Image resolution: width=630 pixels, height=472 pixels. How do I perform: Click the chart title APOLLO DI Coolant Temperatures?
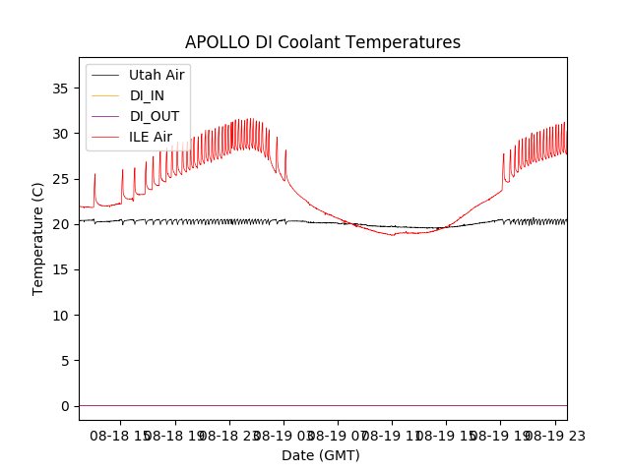click(323, 43)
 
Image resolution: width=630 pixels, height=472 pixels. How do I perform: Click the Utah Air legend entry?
click(157, 75)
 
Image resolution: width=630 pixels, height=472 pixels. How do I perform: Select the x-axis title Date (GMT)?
click(321, 455)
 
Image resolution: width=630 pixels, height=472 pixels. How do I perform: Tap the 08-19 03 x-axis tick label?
click(284, 434)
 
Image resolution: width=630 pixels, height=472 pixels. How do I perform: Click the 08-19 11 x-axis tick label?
click(392, 434)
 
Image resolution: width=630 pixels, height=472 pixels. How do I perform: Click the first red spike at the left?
click(94, 175)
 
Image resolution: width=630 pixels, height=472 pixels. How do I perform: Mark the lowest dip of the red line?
click(393, 235)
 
